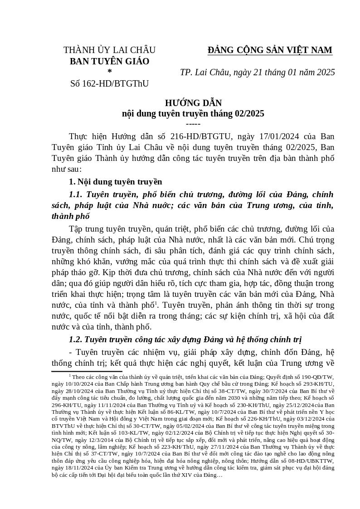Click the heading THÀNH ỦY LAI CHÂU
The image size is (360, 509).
click(x=109, y=50)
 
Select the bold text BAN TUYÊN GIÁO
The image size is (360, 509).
click(x=109, y=61)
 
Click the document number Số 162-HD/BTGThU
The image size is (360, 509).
click(x=109, y=83)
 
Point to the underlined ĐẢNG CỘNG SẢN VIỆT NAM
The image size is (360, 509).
click(x=270, y=50)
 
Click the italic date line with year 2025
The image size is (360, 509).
click(x=257, y=73)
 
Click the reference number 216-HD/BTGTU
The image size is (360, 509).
click(x=201, y=136)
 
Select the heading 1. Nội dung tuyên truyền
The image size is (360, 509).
click(x=115, y=182)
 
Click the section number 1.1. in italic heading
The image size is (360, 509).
click(x=76, y=194)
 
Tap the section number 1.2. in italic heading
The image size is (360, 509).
click(x=76, y=339)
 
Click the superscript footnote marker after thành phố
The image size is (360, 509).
click(x=155, y=302)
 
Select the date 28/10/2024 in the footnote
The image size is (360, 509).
click(x=74, y=391)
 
